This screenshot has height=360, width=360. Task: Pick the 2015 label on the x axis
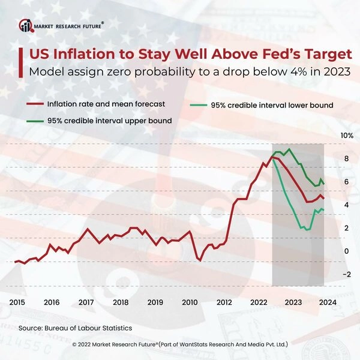coord(17,302)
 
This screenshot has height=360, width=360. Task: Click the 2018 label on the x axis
coord(121,302)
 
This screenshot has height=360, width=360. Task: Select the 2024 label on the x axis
coord(327,302)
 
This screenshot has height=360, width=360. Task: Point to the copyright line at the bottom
coord(180,346)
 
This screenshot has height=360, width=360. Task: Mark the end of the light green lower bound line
coord(324,209)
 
